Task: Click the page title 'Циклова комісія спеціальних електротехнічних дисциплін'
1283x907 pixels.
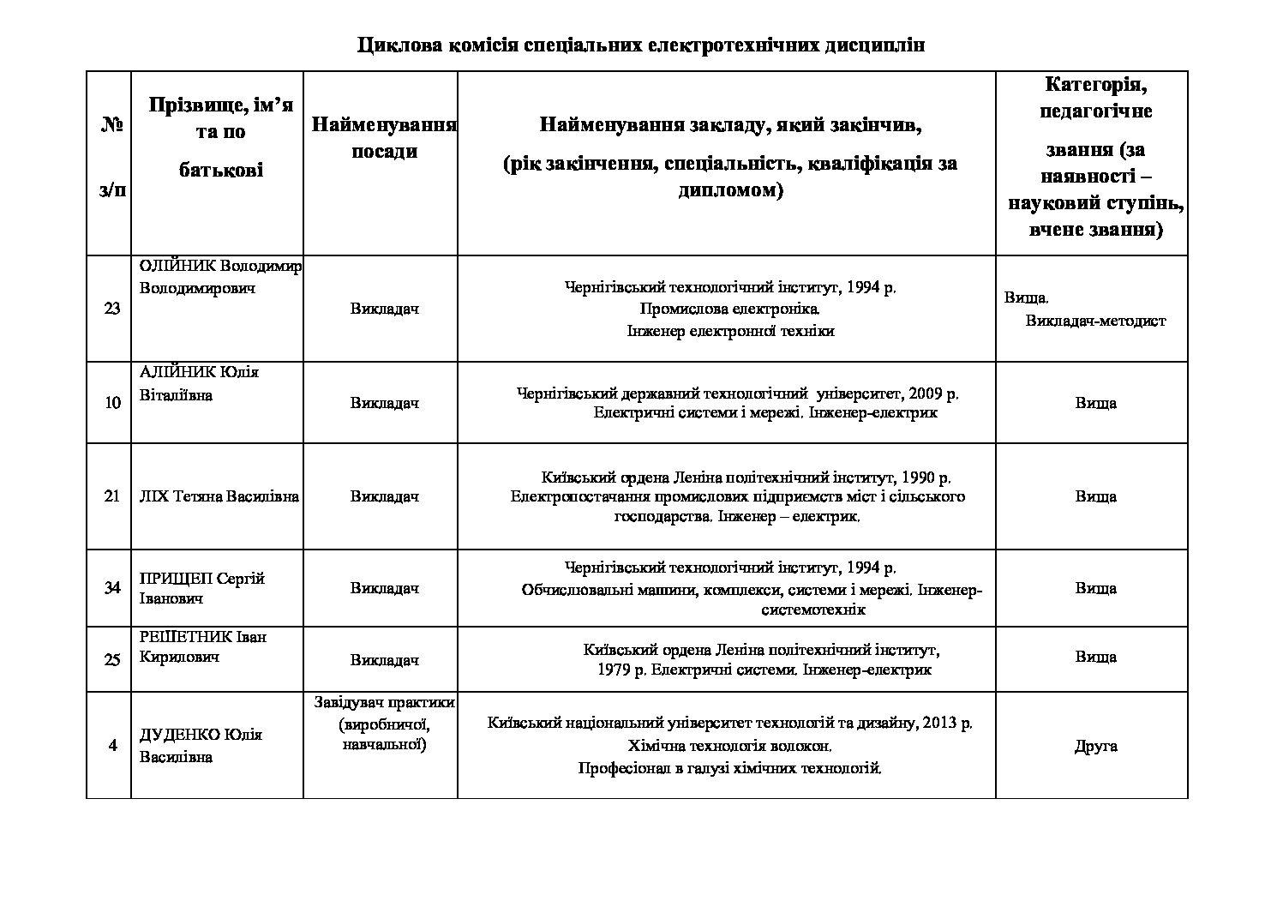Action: click(641, 45)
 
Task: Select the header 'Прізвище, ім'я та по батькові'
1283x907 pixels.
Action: click(220, 137)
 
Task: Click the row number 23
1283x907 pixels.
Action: click(112, 309)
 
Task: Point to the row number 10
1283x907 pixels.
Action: click(112, 403)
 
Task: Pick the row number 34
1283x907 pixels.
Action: click(112, 588)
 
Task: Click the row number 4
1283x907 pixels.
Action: click(112, 746)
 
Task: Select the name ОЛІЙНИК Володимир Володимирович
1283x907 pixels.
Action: click(219, 277)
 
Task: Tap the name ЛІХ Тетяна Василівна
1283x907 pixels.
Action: click(219, 496)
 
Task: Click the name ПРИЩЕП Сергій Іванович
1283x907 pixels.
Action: click(202, 588)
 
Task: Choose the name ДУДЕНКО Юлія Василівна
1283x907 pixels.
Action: click(201, 746)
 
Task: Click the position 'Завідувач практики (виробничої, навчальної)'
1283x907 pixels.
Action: click(384, 724)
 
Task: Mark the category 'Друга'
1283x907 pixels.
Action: click(1095, 746)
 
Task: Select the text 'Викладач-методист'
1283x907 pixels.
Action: click(1095, 321)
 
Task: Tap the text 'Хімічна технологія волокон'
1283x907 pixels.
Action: click(729, 745)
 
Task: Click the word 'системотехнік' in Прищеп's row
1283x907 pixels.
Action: click(813, 610)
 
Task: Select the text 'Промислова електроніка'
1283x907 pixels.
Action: click(729, 309)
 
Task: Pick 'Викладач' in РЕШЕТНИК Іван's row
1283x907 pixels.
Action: click(384, 660)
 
